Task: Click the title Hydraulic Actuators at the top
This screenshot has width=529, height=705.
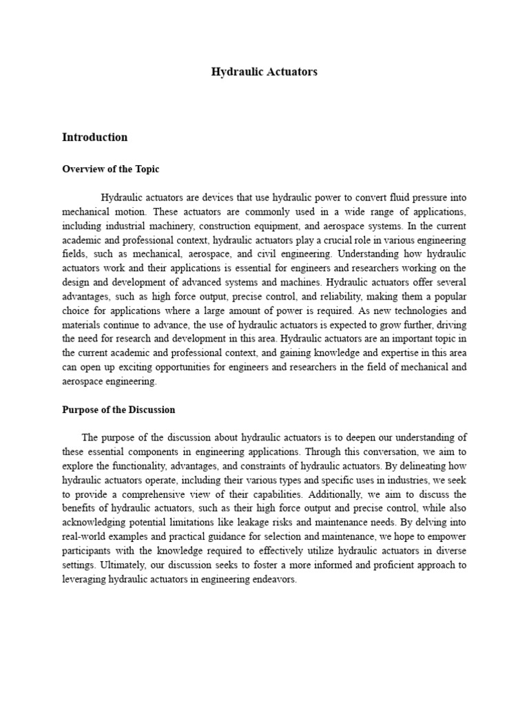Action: pos(264,72)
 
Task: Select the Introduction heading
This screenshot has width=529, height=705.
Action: pos(94,137)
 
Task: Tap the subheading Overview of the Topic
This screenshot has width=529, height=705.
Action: pos(110,169)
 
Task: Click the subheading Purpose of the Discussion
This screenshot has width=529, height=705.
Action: pos(118,410)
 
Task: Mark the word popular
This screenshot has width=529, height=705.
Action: pos(446,296)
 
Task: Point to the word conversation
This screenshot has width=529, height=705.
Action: pos(374,452)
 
